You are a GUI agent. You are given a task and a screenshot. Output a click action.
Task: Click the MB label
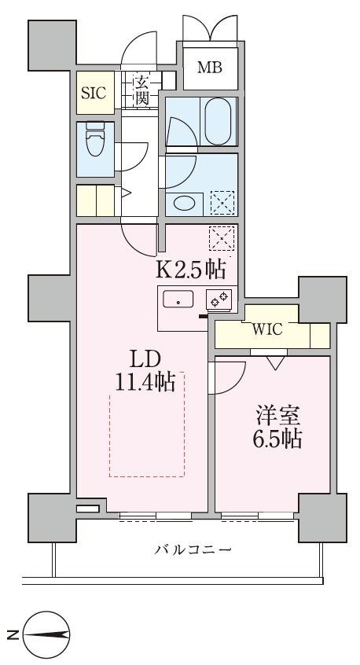[x=209, y=67]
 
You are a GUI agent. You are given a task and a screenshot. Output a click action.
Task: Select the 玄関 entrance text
[x=141, y=90]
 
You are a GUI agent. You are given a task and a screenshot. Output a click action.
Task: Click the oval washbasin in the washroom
[x=184, y=203]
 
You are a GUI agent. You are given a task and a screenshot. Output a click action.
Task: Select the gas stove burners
[x=219, y=299]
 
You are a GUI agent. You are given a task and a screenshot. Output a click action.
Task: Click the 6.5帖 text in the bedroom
[x=275, y=439]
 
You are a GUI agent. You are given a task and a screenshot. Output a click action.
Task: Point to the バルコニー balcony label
[x=193, y=549]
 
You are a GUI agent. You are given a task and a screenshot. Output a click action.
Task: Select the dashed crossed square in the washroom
[x=222, y=203]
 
